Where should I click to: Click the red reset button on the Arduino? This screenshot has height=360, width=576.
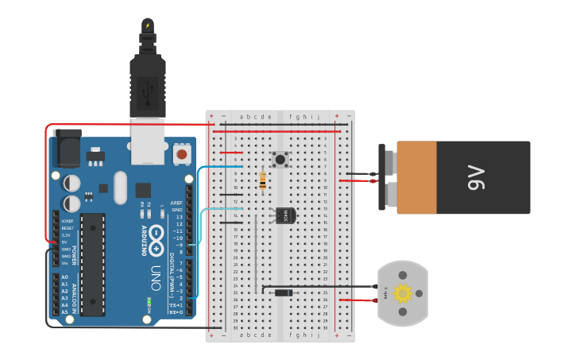(x=182, y=153)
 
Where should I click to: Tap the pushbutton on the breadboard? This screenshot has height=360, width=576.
(x=280, y=160)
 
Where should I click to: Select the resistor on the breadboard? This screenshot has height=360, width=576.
(x=263, y=181)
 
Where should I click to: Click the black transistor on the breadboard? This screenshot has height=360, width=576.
(x=284, y=215)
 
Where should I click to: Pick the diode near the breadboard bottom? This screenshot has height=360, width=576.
(x=283, y=293)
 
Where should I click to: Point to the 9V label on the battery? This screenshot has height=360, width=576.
(x=476, y=178)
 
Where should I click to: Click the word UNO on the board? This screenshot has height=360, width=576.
(x=155, y=275)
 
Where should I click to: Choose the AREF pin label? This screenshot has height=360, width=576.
(x=177, y=203)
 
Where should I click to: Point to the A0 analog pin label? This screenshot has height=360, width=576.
(x=64, y=277)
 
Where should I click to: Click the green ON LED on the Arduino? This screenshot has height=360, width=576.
(x=149, y=300)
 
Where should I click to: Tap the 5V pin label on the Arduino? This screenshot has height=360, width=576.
(x=64, y=242)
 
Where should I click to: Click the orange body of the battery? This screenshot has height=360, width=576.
(x=416, y=178)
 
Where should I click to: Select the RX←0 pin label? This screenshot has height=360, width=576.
(x=176, y=312)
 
